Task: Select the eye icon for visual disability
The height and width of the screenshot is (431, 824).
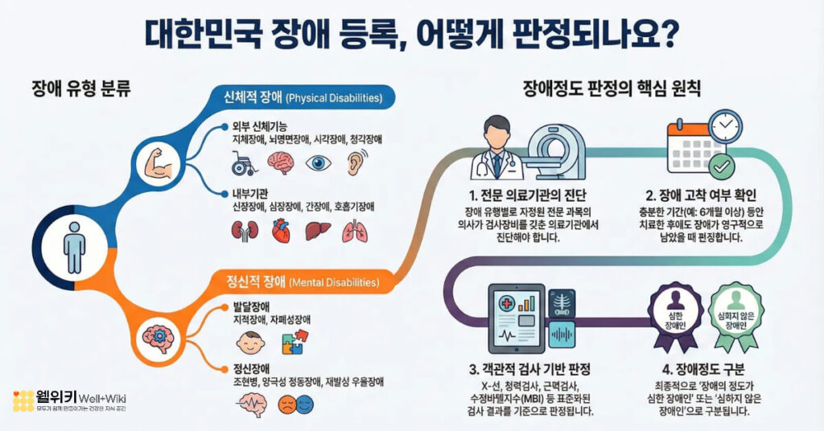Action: pos(321,162)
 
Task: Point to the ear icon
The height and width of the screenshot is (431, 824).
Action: pos(355,162)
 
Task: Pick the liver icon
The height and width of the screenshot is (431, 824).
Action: pos(315,232)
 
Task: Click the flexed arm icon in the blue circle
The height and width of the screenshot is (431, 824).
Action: pos(154,163)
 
